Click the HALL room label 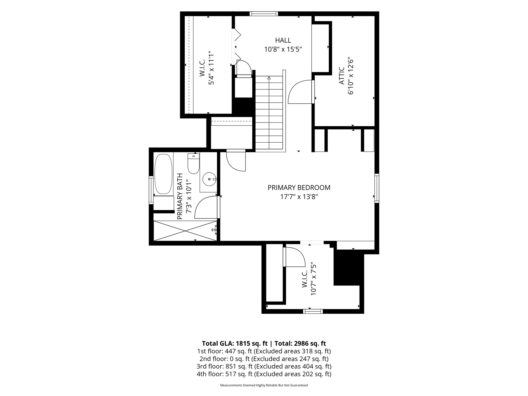pyautogui.click(x=283, y=40)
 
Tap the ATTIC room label pyautogui.click(x=342, y=76)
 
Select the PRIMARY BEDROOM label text pyautogui.click(x=299, y=187)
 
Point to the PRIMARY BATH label pyautogui.click(x=180, y=196)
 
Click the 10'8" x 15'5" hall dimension pyautogui.click(x=283, y=49)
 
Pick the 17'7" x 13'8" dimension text pyautogui.click(x=299, y=197)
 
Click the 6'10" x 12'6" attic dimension pyautogui.click(x=351, y=76)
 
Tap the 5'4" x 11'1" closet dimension pyautogui.click(x=211, y=68)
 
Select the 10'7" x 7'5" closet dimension pyautogui.click(x=314, y=279)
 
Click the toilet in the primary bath pyautogui.click(x=194, y=164)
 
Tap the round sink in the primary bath pyautogui.click(x=210, y=179)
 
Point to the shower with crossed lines pyautogui.click(x=185, y=230)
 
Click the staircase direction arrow pyautogui.click(x=269, y=78)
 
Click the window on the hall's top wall pyautogui.click(x=264, y=14)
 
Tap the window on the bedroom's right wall pyautogui.click(x=377, y=188)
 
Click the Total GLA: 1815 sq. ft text pyautogui.click(x=234, y=343)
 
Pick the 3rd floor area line pyautogui.click(x=264, y=366)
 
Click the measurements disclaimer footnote pyautogui.click(x=264, y=385)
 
